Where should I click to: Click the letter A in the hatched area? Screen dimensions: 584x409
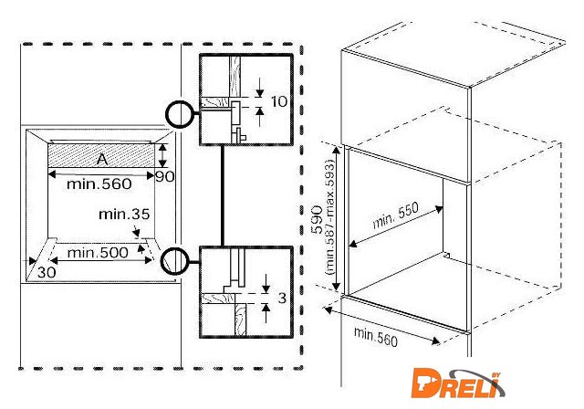[x=102, y=159]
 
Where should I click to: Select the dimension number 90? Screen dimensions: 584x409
[x=164, y=176]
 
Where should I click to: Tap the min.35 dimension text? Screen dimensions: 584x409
[x=124, y=215]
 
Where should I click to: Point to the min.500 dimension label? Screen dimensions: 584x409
[x=98, y=253]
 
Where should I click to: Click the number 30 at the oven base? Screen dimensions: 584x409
[x=47, y=272]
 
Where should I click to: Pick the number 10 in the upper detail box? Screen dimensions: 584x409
[x=279, y=101]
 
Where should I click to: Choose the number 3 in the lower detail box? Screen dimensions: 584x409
[x=282, y=298]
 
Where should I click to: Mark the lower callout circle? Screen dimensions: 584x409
[x=175, y=261]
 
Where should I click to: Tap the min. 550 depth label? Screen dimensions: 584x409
[x=395, y=215]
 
